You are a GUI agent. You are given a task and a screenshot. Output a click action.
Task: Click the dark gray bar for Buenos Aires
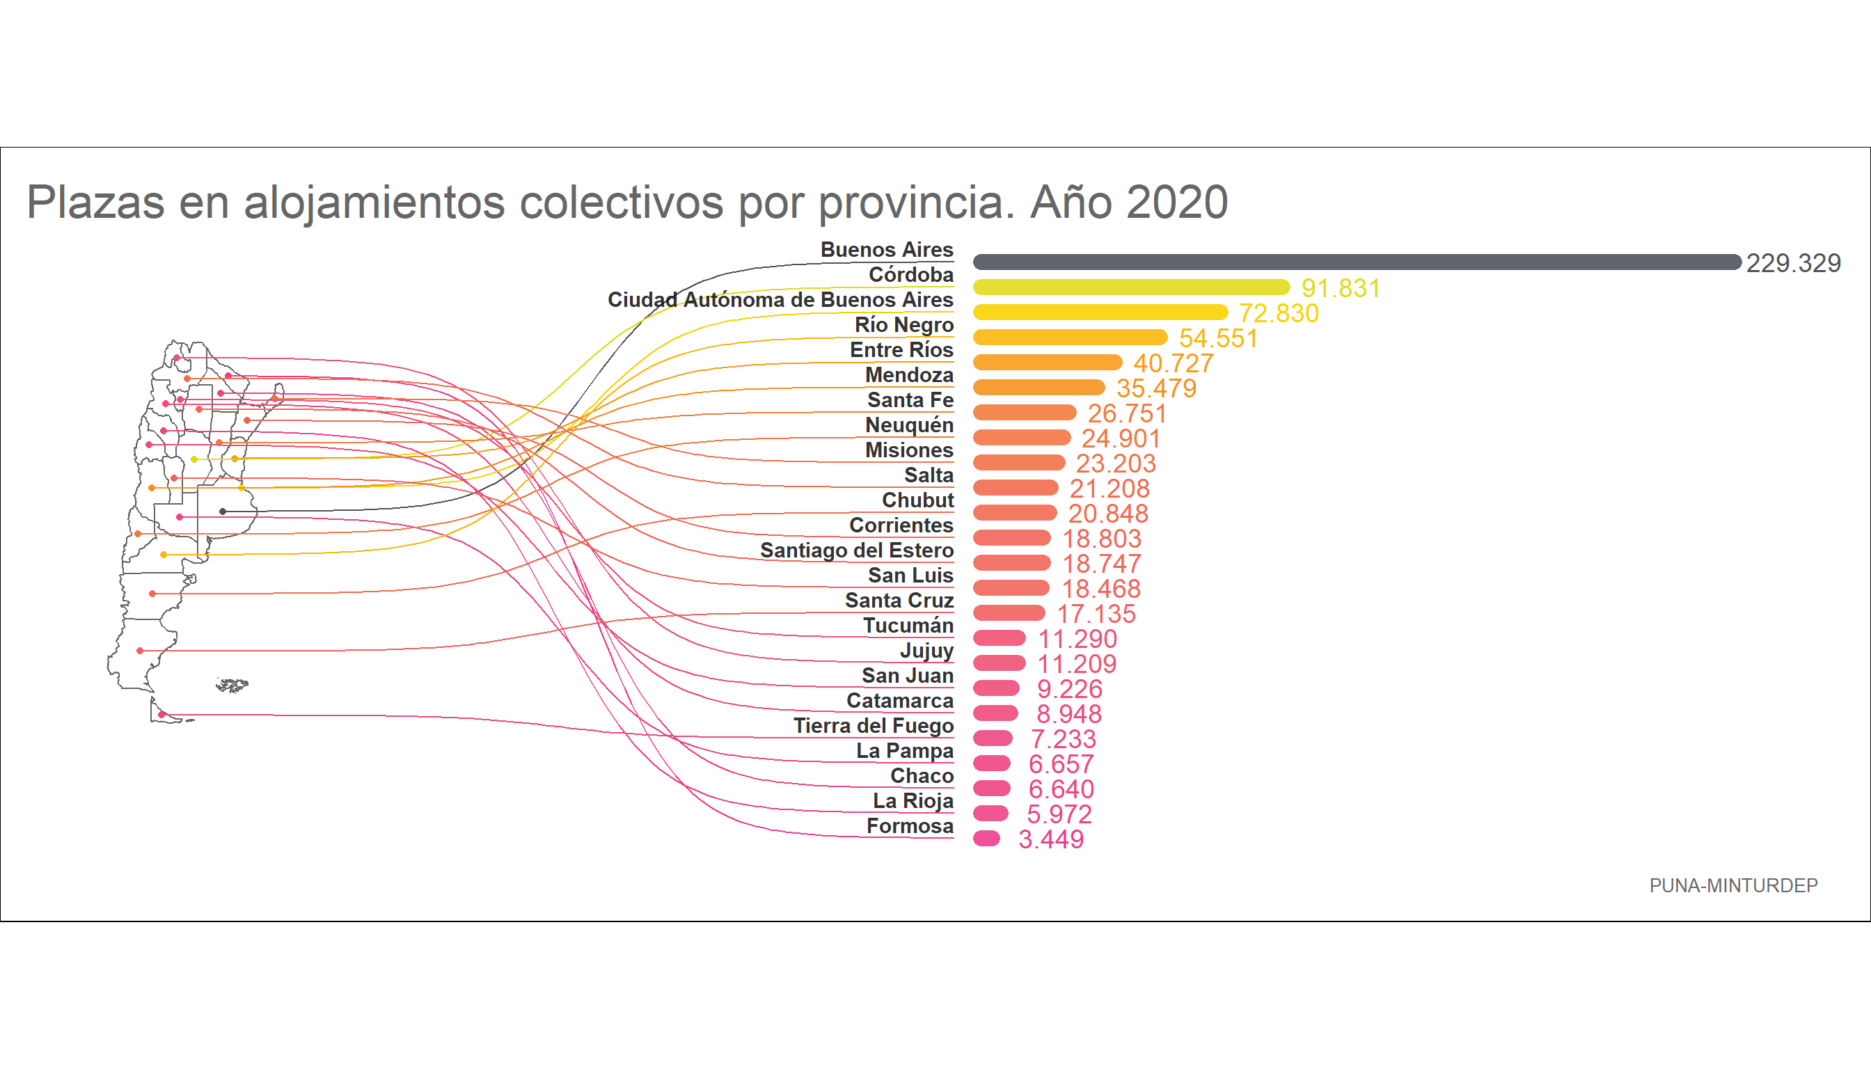pos(1357,262)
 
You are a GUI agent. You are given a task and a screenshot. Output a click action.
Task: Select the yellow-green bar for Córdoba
pos(1131,287)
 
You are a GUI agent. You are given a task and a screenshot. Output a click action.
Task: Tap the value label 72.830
pos(1279,313)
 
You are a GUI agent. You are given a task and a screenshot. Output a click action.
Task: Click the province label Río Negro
pos(904,324)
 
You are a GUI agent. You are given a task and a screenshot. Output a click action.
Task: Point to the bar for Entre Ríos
pos(1048,362)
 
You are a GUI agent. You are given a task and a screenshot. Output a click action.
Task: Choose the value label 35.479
pos(1157,388)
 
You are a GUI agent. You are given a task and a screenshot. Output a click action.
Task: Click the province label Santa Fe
pos(910,400)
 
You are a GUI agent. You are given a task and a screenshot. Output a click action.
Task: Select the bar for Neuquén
pos(1022,438)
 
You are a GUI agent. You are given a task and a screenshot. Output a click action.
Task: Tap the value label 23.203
pos(1115,464)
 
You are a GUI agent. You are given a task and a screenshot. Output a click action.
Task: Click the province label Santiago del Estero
pos(856,551)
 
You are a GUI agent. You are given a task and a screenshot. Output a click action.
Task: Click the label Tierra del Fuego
pos(873,726)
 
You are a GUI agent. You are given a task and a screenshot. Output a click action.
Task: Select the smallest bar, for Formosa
pos(986,839)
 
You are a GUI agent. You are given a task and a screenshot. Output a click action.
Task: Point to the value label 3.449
pos(1051,839)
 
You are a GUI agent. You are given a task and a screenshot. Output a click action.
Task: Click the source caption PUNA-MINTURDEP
pos(1733,886)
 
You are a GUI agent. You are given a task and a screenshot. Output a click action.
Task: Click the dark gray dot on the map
pos(223,512)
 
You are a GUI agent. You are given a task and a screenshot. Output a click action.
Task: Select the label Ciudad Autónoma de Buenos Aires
pos(780,299)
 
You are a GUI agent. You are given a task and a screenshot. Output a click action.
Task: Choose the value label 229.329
pos(1792,263)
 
